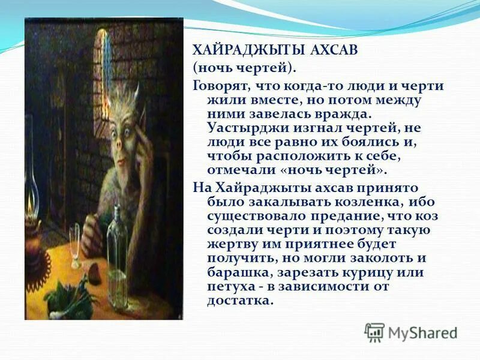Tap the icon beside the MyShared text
(x=374, y=332)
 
